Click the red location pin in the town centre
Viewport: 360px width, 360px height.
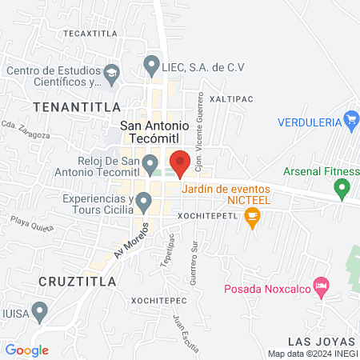[180, 162]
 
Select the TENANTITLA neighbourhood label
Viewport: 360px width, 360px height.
[77, 106]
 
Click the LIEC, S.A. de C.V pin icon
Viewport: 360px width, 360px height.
[150, 63]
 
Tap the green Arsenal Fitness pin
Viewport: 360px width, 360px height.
[343, 190]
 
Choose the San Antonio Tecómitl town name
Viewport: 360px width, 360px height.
[154, 131]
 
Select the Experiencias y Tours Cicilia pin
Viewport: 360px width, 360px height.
[144, 202]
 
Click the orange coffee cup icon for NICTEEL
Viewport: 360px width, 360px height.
[253, 215]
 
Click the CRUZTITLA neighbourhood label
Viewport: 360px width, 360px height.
[77, 282]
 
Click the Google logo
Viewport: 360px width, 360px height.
[27, 350]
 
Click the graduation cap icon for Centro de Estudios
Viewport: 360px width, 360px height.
[112, 76]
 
